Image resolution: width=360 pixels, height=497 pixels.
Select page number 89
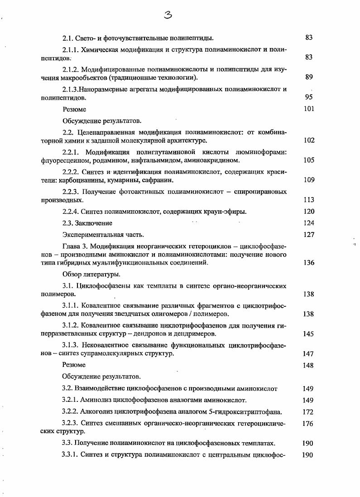[x=309, y=77]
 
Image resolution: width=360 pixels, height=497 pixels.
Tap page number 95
[x=309, y=97]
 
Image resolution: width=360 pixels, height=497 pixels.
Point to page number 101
[x=309, y=109]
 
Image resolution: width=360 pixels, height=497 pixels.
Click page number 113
[x=309, y=200]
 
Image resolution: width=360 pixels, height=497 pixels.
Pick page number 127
[x=309, y=235]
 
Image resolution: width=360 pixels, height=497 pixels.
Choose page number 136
[x=309, y=263]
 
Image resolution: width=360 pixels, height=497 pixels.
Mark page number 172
[x=307, y=412]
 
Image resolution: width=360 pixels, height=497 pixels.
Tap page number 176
[x=307, y=424]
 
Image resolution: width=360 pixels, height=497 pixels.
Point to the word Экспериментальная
[x=90, y=235]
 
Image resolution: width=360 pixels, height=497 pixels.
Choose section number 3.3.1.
[x=71, y=455]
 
